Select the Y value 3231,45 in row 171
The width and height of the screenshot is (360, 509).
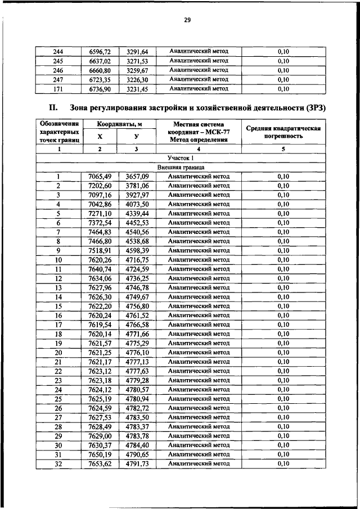(x=137, y=89)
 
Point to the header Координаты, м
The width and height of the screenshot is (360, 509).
(x=118, y=124)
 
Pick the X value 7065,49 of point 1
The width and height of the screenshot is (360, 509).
(x=100, y=177)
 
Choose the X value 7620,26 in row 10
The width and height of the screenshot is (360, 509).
(x=100, y=260)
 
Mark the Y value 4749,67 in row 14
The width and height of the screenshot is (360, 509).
(x=137, y=297)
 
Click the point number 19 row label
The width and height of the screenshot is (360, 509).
(x=58, y=343)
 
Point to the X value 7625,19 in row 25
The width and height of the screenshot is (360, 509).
(x=100, y=399)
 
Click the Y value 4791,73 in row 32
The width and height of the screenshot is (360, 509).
(x=137, y=463)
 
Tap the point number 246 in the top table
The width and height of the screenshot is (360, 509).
(x=58, y=70)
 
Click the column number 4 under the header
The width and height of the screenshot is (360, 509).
(x=199, y=149)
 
